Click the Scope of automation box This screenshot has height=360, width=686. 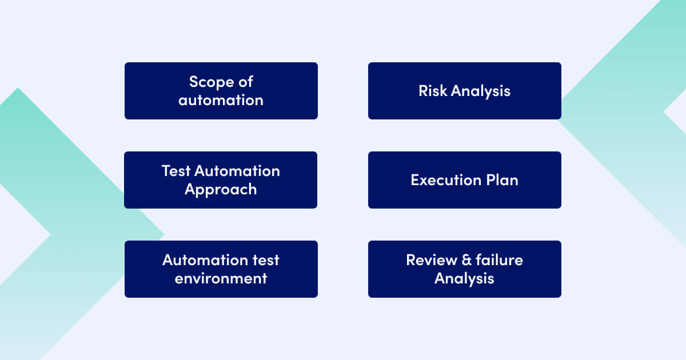coord(221,91)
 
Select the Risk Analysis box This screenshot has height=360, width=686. coord(464,91)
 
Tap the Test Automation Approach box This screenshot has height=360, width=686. coord(221,180)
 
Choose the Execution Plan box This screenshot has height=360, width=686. coord(464,180)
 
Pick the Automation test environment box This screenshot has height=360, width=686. coord(221,269)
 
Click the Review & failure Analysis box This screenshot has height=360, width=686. coord(464,269)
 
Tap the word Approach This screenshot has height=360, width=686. coord(221,190)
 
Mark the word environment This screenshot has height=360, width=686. coord(221,279)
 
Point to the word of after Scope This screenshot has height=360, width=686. coord(244,82)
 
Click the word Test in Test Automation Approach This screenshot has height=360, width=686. coord(176,171)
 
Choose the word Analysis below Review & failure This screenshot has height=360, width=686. coord(464,279)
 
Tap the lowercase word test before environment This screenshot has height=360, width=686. coord(265,260)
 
